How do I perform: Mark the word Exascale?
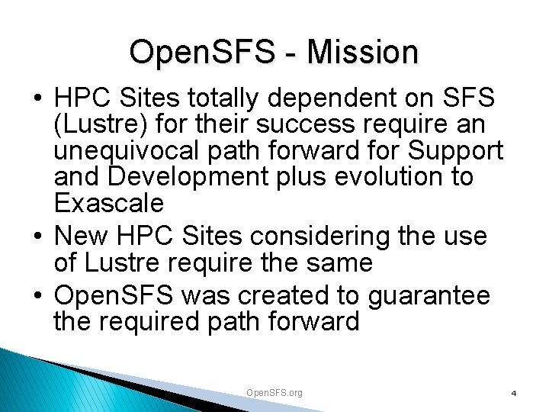tap(109, 203)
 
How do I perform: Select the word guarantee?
tap(429, 295)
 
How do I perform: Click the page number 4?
tap(514, 393)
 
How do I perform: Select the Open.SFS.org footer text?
tap(274, 392)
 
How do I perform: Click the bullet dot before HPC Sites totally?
tap(37, 99)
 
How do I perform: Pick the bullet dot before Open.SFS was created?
tap(37, 296)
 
